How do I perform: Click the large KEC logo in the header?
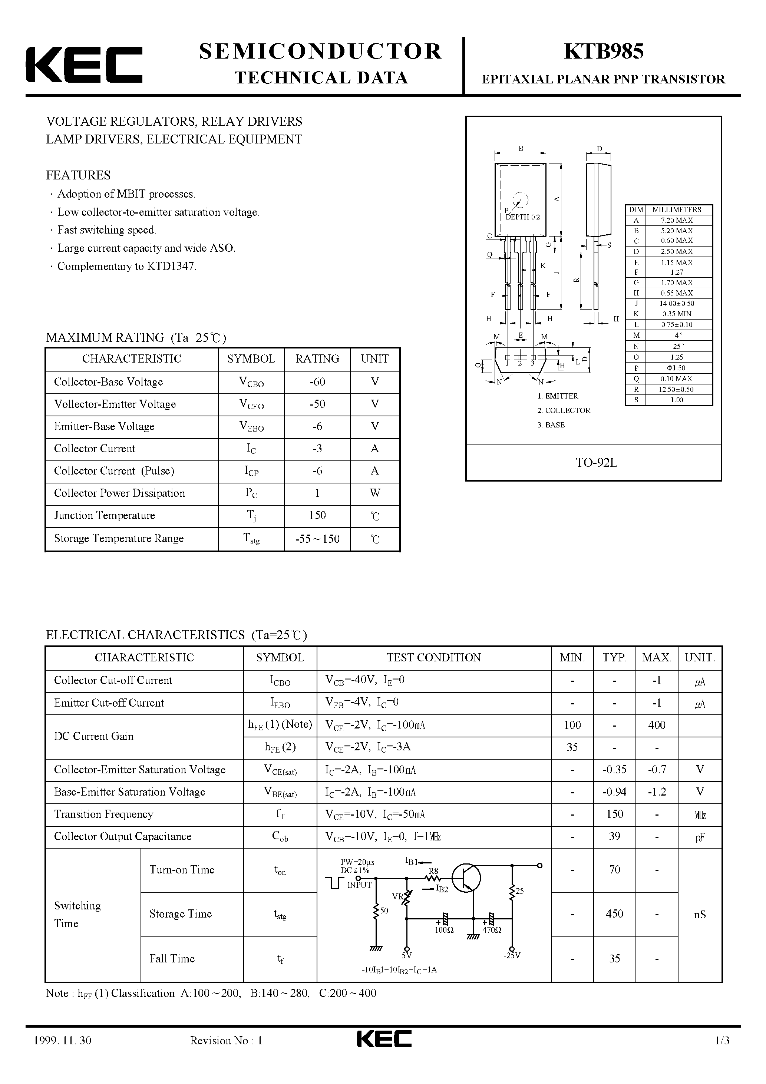tap(84, 65)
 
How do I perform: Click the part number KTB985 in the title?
tap(603, 52)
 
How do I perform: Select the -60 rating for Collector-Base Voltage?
tap(317, 382)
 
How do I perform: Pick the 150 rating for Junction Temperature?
tap(317, 516)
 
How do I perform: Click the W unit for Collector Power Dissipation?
tap(374, 493)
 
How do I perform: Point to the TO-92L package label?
tap(596, 463)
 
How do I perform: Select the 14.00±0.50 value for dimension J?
tap(676, 304)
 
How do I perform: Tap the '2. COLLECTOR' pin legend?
tap(564, 411)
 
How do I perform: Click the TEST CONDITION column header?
tap(433, 658)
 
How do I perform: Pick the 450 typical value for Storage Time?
tap(614, 914)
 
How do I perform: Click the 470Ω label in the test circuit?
tap(492, 930)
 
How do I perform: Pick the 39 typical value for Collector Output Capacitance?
tap(614, 837)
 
